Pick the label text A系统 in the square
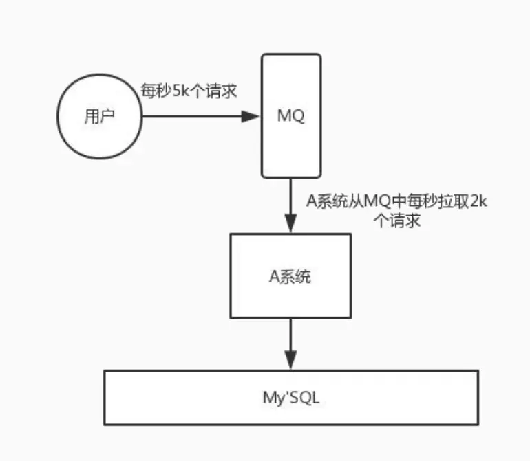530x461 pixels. (x=290, y=277)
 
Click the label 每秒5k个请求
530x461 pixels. (x=189, y=91)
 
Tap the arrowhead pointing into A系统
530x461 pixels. (x=290, y=223)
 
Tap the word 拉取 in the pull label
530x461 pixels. (x=452, y=201)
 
